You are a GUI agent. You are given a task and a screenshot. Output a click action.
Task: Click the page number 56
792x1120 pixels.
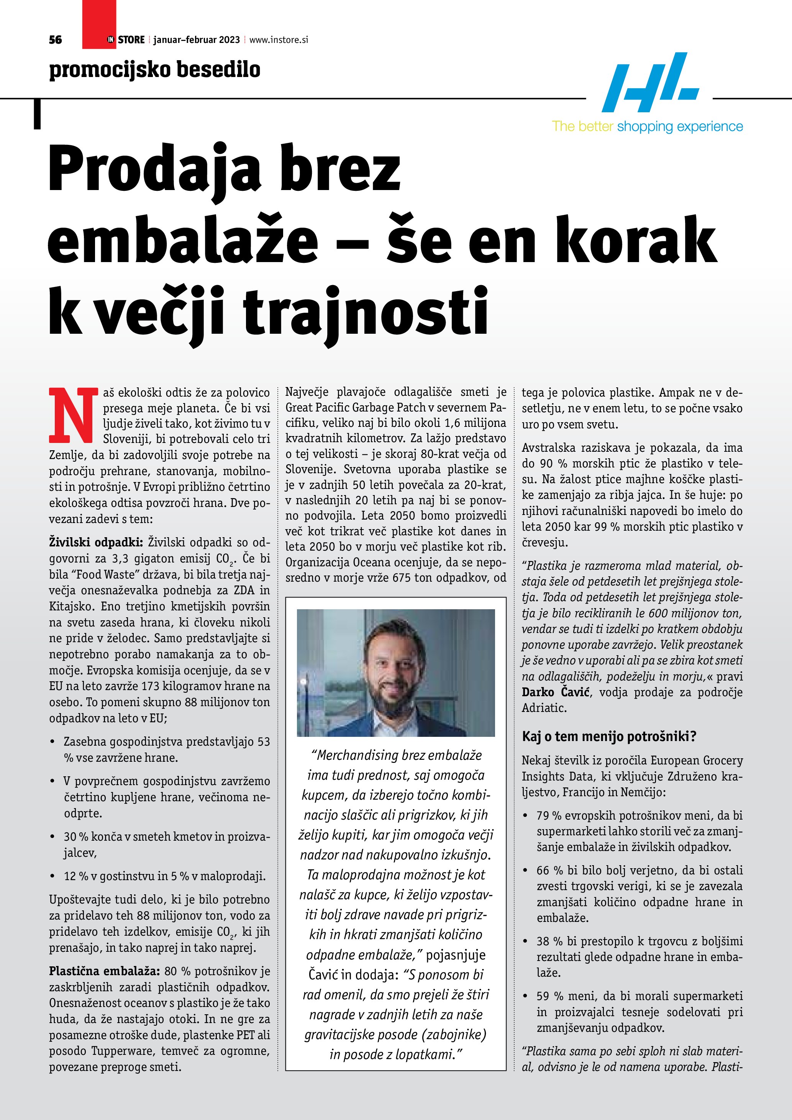point(55,39)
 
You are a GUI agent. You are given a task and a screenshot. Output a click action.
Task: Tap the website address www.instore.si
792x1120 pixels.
point(279,40)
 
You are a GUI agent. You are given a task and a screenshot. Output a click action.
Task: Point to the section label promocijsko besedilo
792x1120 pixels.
point(154,70)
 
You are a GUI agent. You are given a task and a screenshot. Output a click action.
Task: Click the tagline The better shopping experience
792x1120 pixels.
point(647,127)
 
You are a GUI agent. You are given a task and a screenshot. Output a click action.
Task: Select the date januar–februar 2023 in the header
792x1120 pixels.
point(197,40)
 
